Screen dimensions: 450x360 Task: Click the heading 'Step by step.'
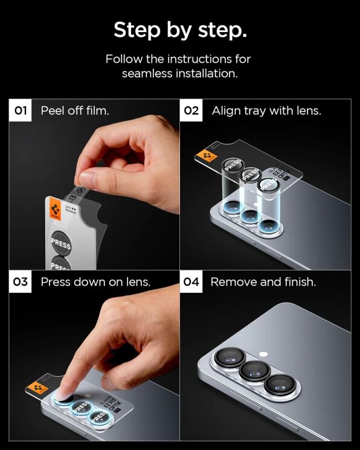click(x=179, y=29)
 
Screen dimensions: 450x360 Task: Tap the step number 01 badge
click(x=21, y=111)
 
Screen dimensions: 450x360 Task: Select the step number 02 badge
click(x=191, y=111)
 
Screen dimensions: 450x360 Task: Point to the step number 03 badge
click(x=21, y=282)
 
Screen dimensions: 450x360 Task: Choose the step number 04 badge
click(x=191, y=282)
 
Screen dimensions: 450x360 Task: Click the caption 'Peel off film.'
click(x=75, y=111)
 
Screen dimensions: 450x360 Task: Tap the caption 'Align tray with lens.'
click(x=266, y=111)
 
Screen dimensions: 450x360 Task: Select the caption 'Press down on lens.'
click(x=95, y=282)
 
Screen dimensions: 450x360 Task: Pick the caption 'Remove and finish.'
click(x=263, y=282)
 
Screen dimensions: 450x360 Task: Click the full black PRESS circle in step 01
click(x=60, y=245)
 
